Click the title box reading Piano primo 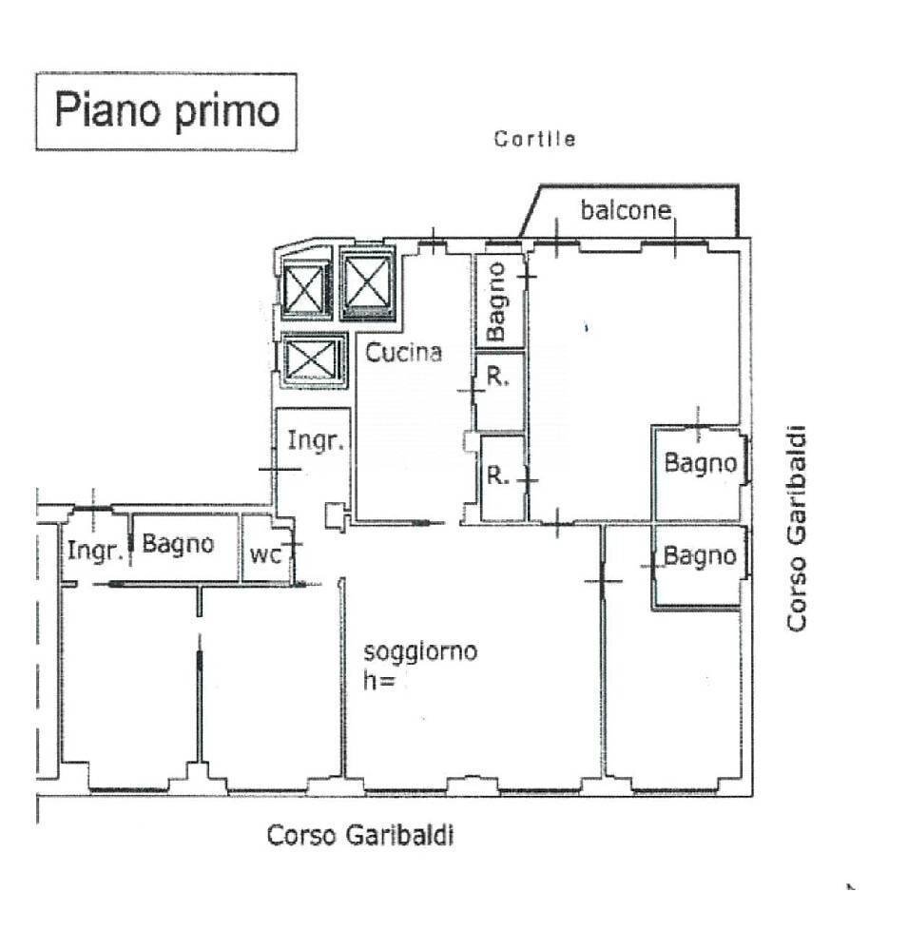point(166,111)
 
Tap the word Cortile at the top point(534,140)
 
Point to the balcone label point(627,210)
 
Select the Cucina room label point(405,353)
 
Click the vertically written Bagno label point(498,301)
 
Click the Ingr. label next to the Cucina point(314,441)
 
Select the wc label point(265,555)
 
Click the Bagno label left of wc point(178,545)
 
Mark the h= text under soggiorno point(379,681)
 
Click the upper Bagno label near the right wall point(700,463)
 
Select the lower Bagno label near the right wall point(700,556)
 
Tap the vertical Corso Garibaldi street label point(796,527)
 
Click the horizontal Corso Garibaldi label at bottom point(360,836)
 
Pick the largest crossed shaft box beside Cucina point(367,282)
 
